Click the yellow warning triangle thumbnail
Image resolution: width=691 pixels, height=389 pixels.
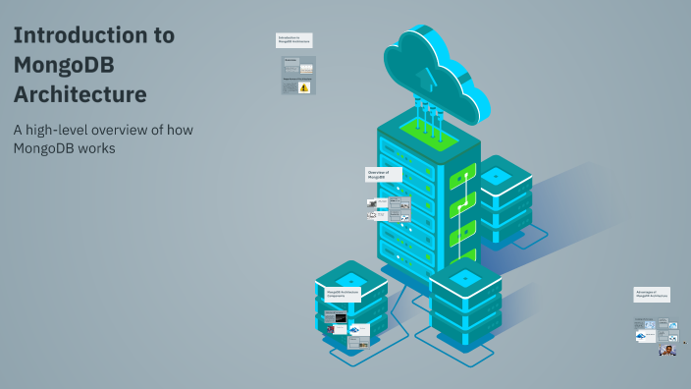tap(304, 87)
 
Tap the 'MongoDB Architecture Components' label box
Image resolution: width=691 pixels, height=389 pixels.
tap(343, 294)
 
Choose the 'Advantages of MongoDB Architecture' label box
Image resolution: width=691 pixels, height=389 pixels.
tap(652, 294)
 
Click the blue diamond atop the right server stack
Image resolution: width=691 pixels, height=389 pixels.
tap(496, 176)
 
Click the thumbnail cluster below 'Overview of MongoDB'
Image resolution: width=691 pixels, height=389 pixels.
tap(389, 209)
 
